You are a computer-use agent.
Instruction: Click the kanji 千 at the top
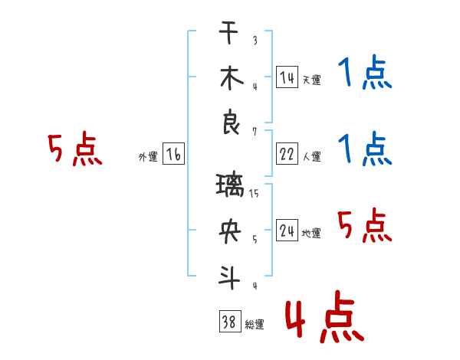click(228, 32)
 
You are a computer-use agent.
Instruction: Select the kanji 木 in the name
click(232, 78)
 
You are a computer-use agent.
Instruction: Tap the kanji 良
click(231, 122)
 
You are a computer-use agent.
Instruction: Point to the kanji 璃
click(230, 185)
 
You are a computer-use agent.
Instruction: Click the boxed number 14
click(287, 77)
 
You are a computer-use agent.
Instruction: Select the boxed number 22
click(287, 154)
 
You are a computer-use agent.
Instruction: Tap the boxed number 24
click(287, 230)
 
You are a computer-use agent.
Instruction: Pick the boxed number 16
click(173, 154)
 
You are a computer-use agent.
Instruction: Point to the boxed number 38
click(230, 321)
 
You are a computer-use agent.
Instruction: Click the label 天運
click(312, 80)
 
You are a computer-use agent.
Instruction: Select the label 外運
click(148, 156)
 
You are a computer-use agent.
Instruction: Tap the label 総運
click(255, 324)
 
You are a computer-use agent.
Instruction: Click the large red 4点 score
click(325, 316)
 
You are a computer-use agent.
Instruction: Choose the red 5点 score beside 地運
click(365, 225)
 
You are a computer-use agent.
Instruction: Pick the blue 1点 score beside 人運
click(365, 149)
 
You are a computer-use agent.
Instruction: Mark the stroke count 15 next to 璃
click(254, 194)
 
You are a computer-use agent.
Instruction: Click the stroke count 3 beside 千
click(255, 40)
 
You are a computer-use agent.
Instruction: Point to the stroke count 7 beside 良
click(255, 132)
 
